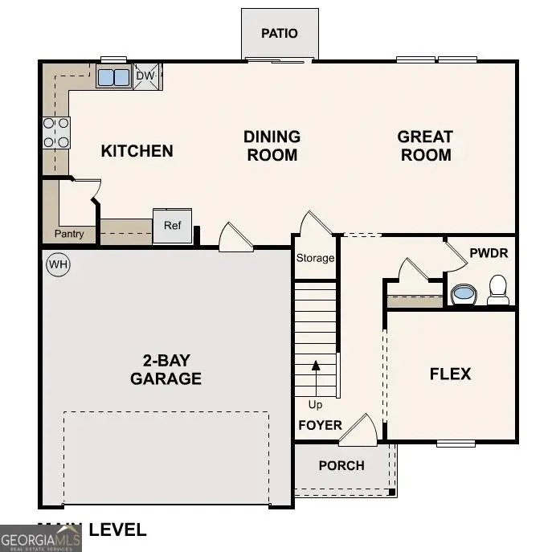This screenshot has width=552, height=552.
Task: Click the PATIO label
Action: point(280,34)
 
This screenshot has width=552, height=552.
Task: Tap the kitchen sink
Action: point(113,77)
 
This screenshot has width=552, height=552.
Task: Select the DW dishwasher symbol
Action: point(145,76)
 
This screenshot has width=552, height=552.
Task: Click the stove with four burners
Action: point(56,133)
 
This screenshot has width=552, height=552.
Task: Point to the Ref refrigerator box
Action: point(173,226)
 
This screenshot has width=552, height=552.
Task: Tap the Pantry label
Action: point(69,235)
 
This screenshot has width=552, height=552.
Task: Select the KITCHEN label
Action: point(137,151)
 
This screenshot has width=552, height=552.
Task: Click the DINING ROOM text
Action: point(272,146)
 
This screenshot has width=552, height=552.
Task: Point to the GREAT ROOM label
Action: point(425,146)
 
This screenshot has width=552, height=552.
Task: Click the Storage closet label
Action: point(315,258)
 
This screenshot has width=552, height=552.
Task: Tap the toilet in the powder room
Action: point(498,289)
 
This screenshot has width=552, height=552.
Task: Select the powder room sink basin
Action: point(464,293)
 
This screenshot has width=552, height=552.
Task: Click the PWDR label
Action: point(489,253)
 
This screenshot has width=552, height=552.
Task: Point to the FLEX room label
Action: point(450,374)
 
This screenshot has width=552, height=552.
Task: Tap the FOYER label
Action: point(320,425)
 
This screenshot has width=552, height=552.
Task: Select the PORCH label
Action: point(341,465)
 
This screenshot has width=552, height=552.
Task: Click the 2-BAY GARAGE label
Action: point(166,369)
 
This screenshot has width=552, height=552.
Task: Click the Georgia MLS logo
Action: point(40,538)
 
